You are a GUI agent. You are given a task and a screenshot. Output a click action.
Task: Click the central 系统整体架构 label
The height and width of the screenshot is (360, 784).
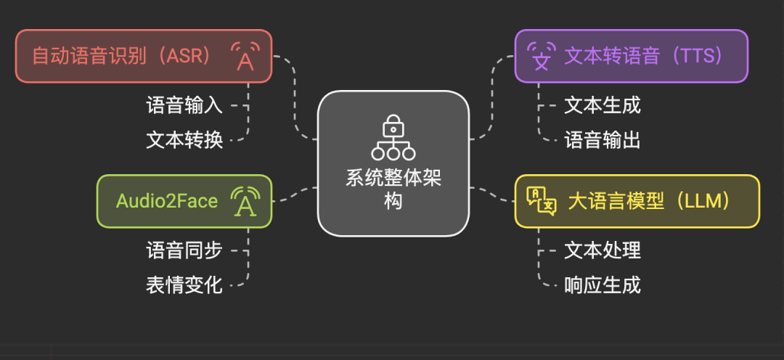[x=393, y=189]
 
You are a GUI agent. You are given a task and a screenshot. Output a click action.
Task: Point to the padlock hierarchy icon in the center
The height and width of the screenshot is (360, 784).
[x=393, y=137]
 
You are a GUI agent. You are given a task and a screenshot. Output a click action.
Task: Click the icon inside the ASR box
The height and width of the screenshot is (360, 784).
[x=245, y=56]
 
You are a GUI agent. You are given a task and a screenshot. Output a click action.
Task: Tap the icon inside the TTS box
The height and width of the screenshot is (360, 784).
[x=541, y=56]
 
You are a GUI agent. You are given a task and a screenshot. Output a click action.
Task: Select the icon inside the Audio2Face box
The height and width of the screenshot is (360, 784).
[x=245, y=202]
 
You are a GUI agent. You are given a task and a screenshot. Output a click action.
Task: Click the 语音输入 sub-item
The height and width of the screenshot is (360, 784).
[x=184, y=105]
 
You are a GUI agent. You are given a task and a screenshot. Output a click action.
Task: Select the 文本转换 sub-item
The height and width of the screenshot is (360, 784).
[x=184, y=139]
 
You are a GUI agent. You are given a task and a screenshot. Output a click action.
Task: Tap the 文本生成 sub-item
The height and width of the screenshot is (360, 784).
[x=603, y=105]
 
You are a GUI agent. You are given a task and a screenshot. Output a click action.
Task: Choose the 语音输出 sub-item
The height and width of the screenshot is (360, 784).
[x=603, y=139]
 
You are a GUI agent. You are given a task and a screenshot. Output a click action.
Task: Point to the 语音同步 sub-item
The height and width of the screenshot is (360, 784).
[x=184, y=250]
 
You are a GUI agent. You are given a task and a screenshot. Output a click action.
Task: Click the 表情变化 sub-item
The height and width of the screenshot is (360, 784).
[x=184, y=285]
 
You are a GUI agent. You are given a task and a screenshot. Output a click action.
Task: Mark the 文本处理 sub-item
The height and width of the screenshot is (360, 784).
[x=603, y=250]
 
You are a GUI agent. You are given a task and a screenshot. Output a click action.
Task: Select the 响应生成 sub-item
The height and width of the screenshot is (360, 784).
[x=603, y=285]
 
